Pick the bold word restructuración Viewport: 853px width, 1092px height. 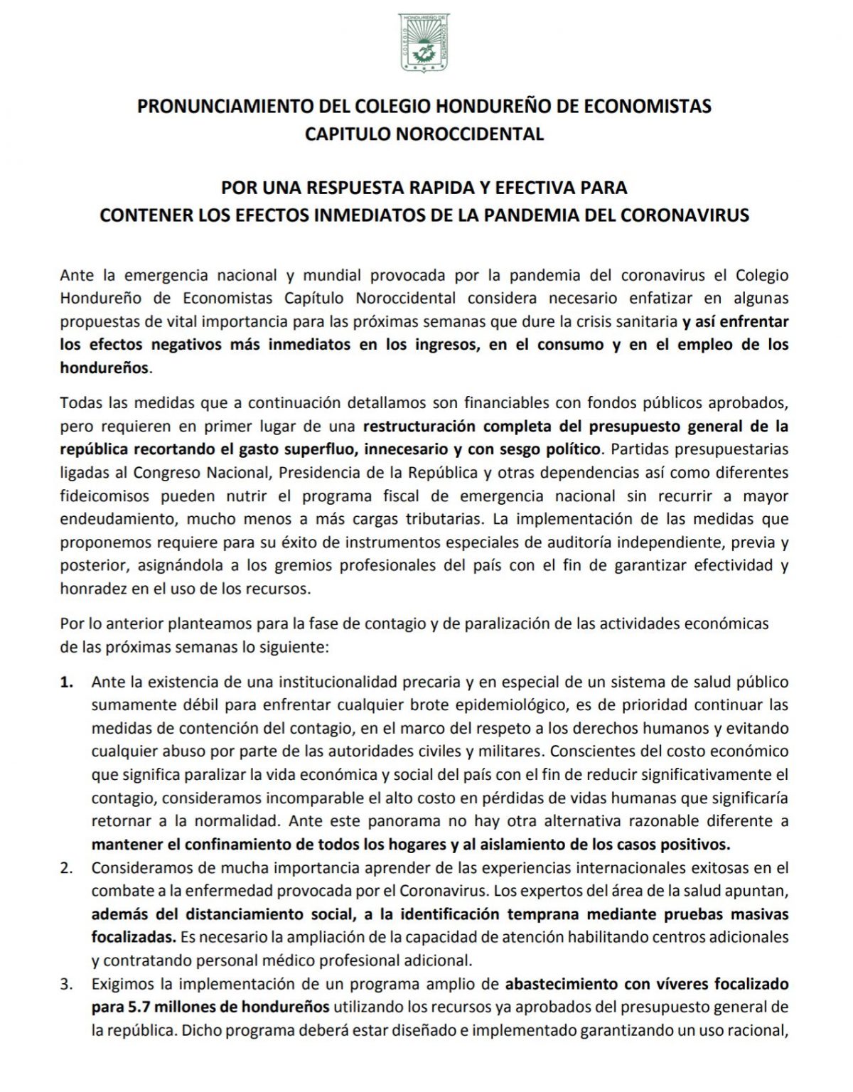coord(421,427)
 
